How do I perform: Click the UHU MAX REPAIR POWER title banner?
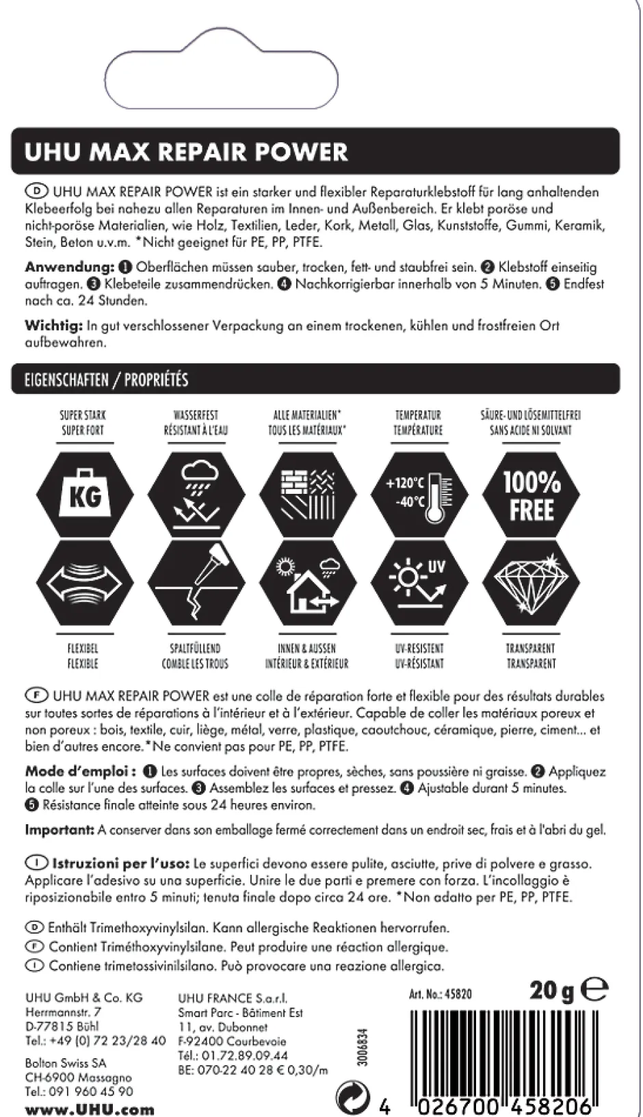pos(185,151)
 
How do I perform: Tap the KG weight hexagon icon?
pos(85,495)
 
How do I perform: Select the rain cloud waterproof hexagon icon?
pos(196,495)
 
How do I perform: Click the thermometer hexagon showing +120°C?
pos(419,495)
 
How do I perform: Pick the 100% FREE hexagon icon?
pos(532,495)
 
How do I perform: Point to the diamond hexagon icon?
pos(532,583)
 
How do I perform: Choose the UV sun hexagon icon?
pos(419,583)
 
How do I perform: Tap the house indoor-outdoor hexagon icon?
pos(307,583)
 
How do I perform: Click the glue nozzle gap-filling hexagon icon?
pos(196,583)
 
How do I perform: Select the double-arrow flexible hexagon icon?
pos(85,583)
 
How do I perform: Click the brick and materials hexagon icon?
pos(307,495)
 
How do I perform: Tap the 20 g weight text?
pos(551,991)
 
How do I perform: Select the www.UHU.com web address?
pos(90,1109)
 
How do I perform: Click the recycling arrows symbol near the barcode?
pos(353,1098)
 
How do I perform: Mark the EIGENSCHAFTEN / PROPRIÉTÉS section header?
pos(107,380)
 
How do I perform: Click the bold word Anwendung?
pos(69,267)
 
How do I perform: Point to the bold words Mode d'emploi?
pos(80,772)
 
